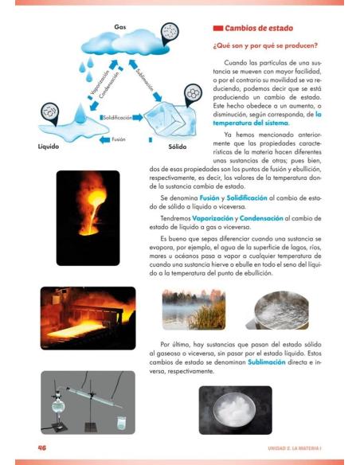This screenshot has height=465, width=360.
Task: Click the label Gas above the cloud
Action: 120,27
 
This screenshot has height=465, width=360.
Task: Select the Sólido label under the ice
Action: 178,147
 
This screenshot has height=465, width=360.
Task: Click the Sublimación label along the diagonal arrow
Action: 147,80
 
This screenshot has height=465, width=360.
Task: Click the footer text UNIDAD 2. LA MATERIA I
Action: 294,447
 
